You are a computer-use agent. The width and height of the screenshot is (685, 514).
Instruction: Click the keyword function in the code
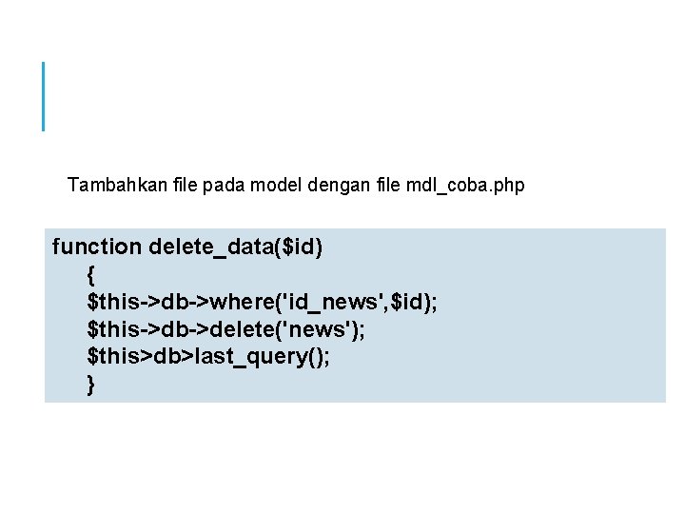(96, 247)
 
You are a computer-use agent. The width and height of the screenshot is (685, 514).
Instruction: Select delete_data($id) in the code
(236, 247)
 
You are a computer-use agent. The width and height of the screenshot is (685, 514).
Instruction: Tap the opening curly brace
(90, 275)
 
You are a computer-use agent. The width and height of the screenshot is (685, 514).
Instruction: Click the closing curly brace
(90, 385)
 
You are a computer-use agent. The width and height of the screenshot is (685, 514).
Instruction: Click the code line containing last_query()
(208, 358)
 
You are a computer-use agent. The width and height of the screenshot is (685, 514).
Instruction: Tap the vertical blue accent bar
(44, 95)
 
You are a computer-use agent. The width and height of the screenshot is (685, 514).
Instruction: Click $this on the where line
(112, 303)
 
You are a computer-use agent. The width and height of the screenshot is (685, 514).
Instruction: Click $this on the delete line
(112, 330)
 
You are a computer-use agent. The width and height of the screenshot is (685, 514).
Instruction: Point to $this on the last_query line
(112, 358)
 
